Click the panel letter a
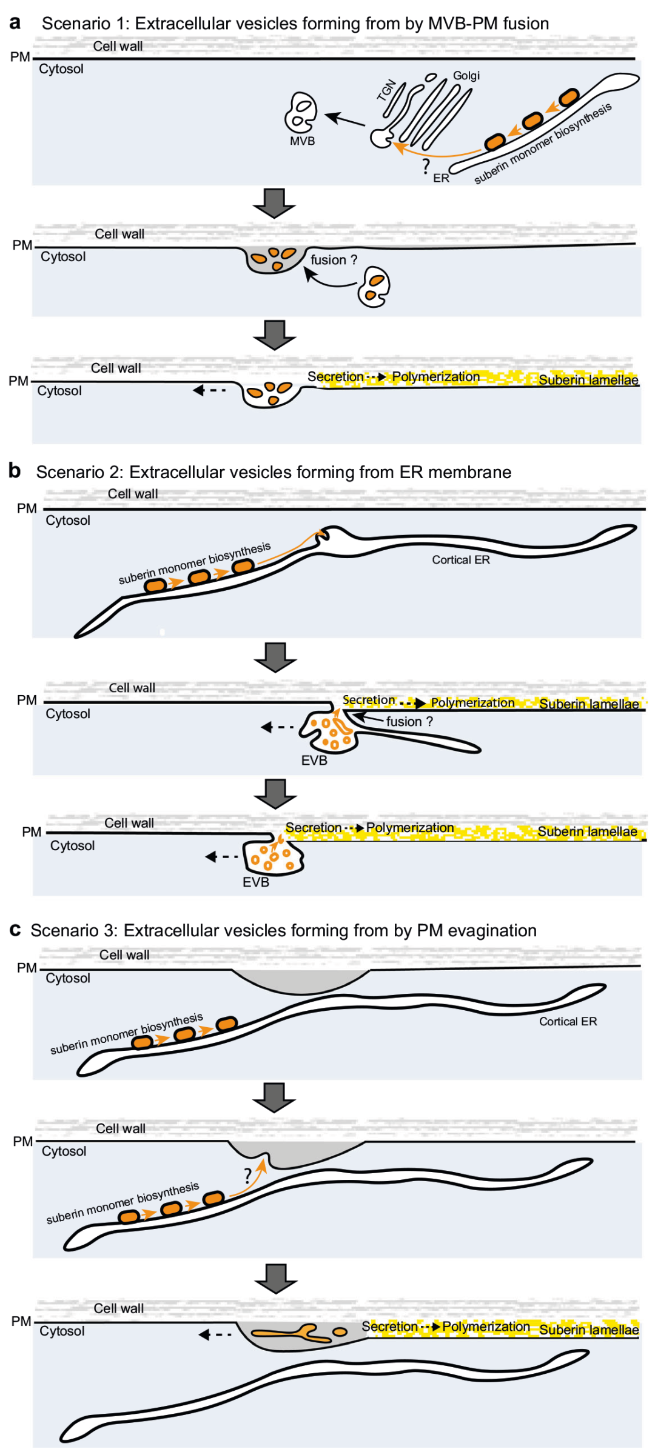[x=15, y=22]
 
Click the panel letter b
[x=15, y=470]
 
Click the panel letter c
[x=15, y=929]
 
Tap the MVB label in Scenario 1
[x=302, y=141]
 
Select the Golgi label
[x=466, y=76]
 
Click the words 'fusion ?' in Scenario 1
[x=334, y=260]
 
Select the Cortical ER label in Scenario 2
[x=460, y=560]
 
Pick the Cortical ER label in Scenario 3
[x=568, y=1021]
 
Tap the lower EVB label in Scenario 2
[x=255, y=882]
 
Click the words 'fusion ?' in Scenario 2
[x=409, y=721]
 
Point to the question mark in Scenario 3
[x=247, y=1176]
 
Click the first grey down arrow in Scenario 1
[x=274, y=203]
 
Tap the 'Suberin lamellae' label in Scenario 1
[x=588, y=380]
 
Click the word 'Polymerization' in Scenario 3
[x=486, y=1327]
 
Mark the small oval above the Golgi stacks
[x=431, y=77]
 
